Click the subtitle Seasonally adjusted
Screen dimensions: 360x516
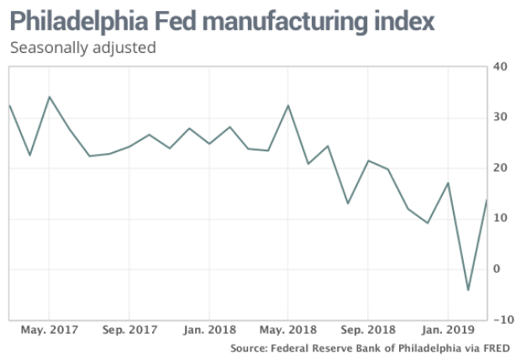82,48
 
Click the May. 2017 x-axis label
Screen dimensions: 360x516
49,330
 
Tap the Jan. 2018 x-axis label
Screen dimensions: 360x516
209,330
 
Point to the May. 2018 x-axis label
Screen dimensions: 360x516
289,330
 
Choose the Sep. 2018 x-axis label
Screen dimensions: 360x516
369,330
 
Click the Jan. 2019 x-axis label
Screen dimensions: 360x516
449,330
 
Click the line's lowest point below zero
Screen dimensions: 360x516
468,290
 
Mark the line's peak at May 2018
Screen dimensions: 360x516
288,106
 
